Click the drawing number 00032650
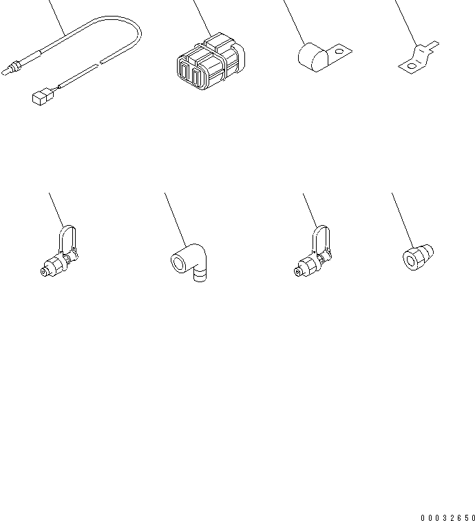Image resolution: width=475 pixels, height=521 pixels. (x=448, y=518)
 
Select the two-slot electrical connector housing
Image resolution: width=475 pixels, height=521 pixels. (x=211, y=62)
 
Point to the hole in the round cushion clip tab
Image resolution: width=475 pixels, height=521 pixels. (x=339, y=52)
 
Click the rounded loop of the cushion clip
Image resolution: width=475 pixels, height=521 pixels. (x=313, y=57)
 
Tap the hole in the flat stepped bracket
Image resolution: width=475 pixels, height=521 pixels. (x=411, y=66)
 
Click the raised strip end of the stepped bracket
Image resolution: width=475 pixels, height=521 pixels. (x=433, y=46)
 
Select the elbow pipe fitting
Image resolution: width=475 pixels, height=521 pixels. (x=189, y=262)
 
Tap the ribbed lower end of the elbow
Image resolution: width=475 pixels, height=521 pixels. (x=200, y=275)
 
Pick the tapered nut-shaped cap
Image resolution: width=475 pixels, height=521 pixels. (x=418, y=257)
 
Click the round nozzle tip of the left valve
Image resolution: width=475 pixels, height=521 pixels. (x=44, y=272)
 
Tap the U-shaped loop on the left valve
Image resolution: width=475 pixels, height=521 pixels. (x=68, y=237)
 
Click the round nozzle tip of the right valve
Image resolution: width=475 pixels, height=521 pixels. (x=297, y=272)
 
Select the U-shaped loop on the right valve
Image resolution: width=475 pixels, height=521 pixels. (x=321, y=237)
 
